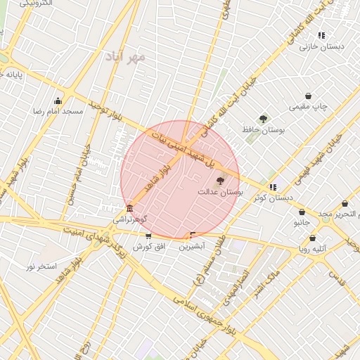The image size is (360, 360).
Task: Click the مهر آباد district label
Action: pos(126,56)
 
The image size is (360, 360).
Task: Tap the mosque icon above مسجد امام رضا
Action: pos(58,101)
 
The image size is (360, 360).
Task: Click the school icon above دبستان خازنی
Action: pos(321,35)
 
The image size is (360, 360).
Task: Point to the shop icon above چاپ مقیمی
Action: pos(308,96)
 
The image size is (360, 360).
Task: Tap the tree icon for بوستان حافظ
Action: pos(263,119)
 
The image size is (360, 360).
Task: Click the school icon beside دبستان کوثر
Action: pos(272,187)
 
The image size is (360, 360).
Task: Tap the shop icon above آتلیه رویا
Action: pos(312,238)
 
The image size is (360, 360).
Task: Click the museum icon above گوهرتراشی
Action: pos(129,209)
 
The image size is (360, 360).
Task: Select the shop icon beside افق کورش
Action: pos(148,236)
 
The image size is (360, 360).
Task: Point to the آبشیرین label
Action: pos(191,247)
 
